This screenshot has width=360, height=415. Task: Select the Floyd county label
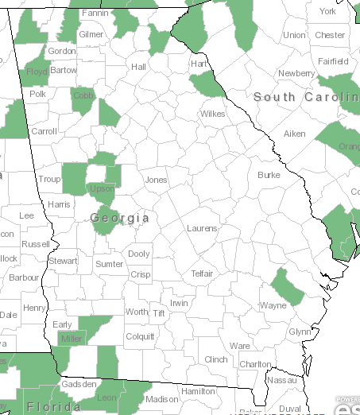point(37,71)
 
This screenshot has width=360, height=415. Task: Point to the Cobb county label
point(83,95)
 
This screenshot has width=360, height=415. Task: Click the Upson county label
point(101,189)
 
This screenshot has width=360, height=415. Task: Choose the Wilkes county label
point(213,114)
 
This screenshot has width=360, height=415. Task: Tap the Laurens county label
point(202,228)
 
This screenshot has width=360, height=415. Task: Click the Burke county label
point(269,175)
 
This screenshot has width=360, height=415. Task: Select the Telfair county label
point(202,273)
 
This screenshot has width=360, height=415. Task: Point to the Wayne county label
point(273,305)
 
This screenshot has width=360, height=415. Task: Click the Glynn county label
point(300,332)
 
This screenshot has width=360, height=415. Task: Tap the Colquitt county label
point(140,336)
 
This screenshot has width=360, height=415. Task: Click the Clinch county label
point(216,359)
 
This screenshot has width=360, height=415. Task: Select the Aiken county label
point(295,134)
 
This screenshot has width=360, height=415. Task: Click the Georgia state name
point(120,217)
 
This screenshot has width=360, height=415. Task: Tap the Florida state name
point(54,407)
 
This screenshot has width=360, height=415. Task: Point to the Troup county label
point(49,180)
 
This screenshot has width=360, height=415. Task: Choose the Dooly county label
point(139,254)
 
